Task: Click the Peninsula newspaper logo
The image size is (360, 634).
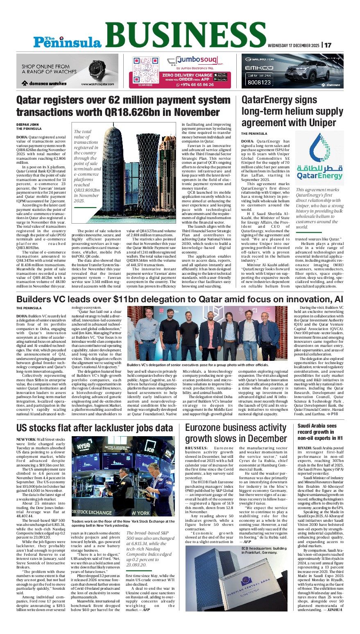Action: (x=68, y=41)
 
